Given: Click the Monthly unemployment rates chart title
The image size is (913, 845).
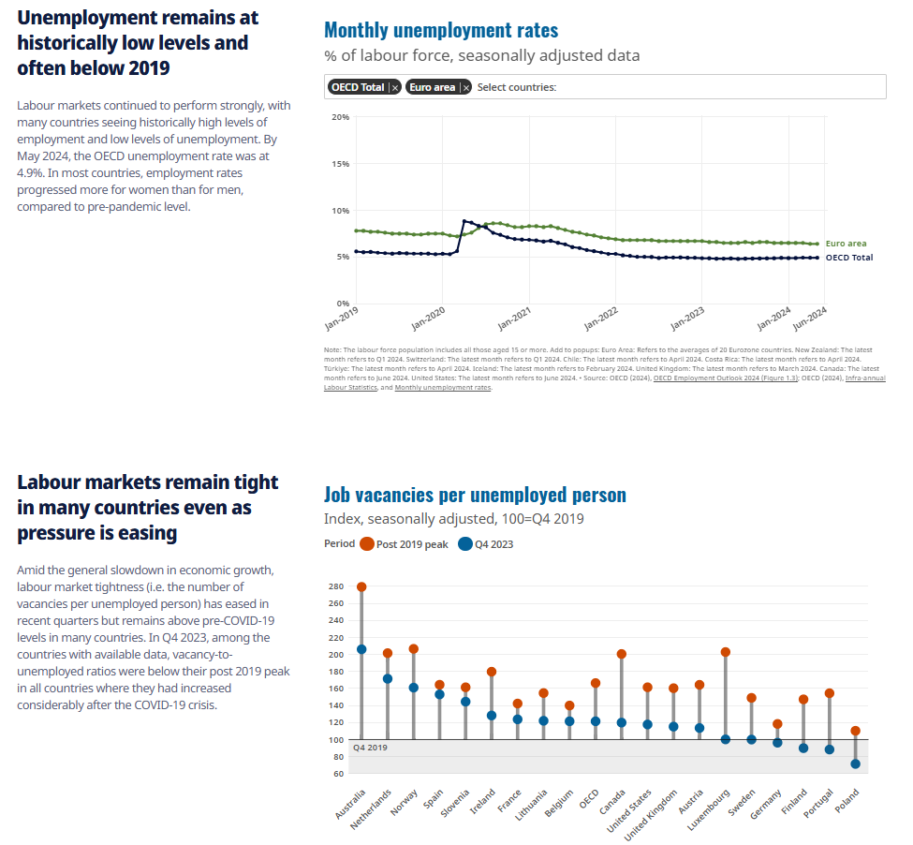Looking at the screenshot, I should coord(441,31).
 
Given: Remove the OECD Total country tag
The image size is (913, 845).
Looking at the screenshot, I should coord(395,87).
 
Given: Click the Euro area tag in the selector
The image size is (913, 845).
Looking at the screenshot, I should coord(432,87).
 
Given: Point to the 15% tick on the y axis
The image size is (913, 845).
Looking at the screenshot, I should coord(341,164).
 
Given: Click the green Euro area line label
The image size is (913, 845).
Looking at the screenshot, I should coord(846,244).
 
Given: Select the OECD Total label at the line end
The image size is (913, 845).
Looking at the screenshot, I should coord(848,258).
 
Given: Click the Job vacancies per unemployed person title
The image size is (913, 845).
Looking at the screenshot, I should coord(475,495).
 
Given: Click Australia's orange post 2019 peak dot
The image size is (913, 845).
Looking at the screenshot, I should coord(361,587).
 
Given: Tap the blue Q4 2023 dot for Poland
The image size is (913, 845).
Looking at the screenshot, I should coord(855,764).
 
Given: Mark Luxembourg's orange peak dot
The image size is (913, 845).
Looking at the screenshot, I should coord(725,652).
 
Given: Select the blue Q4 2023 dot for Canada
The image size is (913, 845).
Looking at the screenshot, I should coord(621,722).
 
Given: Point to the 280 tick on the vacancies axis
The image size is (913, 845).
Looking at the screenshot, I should coord(335,586).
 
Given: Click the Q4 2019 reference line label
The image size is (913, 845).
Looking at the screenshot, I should coord(370,748).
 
